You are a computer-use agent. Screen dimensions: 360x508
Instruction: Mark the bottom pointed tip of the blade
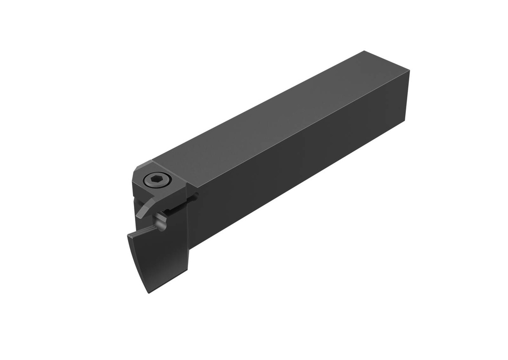tap(147, 291)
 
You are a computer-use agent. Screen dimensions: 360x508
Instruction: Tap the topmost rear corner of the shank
tap(365, 51)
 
